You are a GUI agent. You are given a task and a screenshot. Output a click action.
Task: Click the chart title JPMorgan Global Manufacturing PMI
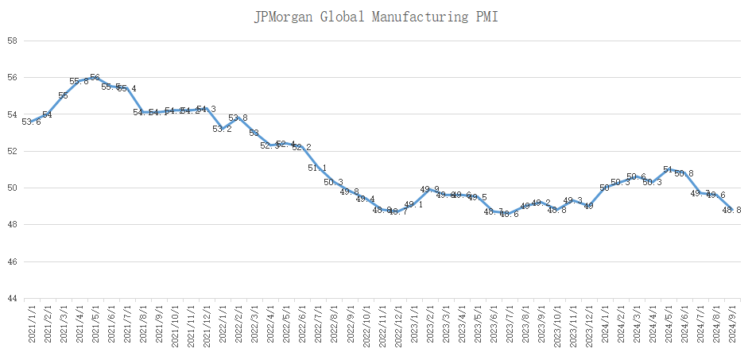tap(376, 17)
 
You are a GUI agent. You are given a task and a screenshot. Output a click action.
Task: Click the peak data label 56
tap(95, 78)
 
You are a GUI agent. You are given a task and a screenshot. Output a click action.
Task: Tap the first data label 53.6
tap(31, 122)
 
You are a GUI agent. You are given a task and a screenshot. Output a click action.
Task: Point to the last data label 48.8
tap(732, 210)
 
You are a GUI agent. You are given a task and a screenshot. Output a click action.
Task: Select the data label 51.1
tap(317, 168)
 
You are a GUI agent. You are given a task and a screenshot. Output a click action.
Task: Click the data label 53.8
tap(238, 118)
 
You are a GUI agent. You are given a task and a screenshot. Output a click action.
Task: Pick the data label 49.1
tap(413, 205)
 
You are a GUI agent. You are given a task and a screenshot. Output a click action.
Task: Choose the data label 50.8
tap(684, 173)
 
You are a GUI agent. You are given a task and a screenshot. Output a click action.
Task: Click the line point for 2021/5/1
tap(95, 78)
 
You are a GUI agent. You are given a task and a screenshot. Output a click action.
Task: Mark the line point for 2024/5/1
tap(668, 169)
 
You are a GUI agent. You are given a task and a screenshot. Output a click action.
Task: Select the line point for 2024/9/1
tap(732, 210)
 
